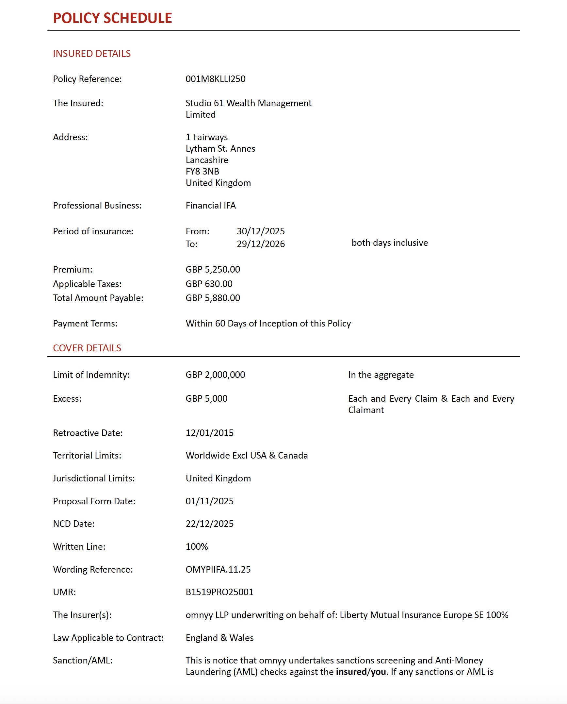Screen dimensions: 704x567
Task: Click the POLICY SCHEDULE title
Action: [112, 18]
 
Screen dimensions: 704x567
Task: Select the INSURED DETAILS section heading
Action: [92, 54]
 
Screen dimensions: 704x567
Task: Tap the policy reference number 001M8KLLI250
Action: [215, 79]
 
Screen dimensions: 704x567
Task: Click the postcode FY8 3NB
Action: [202, 172]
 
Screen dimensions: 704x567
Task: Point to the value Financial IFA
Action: [211, 206]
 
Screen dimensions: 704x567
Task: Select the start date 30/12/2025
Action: [261, 231]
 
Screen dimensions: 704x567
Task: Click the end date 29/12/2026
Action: [261, 244]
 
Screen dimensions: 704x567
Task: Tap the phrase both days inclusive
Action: [390, 243]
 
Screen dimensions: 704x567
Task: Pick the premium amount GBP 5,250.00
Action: [213, 270]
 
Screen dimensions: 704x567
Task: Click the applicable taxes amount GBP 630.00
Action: [209, 284]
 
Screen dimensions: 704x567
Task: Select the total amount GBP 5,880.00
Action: [213, 298]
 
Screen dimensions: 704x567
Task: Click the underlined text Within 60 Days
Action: [216, 324]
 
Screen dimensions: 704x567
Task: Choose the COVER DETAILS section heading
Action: [87, 348]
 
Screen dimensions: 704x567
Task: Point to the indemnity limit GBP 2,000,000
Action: [215, 375]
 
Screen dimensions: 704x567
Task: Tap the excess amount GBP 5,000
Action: [206, 399]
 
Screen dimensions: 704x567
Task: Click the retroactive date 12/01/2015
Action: [210, 433]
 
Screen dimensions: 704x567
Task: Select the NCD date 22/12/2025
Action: [210, 524]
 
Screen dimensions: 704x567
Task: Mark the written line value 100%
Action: [197, 547]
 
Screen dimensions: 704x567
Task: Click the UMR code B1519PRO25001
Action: [219, 592]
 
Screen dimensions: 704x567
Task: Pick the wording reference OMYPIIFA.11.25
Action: [218, 570]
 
